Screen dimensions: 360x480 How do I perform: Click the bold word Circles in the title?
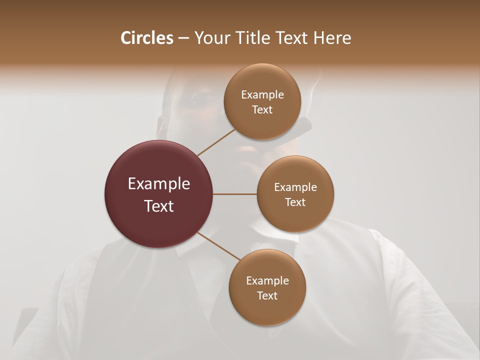pos(147,38)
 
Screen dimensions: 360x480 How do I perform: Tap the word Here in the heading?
pos(332,38)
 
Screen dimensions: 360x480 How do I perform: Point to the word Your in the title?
pos(210,38)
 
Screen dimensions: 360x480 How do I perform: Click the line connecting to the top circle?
pos(216,142)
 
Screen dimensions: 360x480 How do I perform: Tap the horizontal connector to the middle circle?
pos(235,194)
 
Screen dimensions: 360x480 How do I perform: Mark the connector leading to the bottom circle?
pos(219,246)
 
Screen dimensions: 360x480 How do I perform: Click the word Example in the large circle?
pos(159,184)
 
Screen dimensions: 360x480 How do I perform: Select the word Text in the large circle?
pos(159,206)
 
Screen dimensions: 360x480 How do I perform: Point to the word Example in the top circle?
pos(262,95)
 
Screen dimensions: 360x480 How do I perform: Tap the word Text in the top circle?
pos(262,110)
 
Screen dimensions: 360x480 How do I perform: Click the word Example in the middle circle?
pos(295,187)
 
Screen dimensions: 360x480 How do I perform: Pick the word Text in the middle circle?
pos(295,202)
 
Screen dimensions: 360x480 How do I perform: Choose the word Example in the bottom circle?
pos(267,281)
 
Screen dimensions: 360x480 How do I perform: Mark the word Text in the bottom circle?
pos(267,296)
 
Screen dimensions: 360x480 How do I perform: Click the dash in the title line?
pos(183,38)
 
